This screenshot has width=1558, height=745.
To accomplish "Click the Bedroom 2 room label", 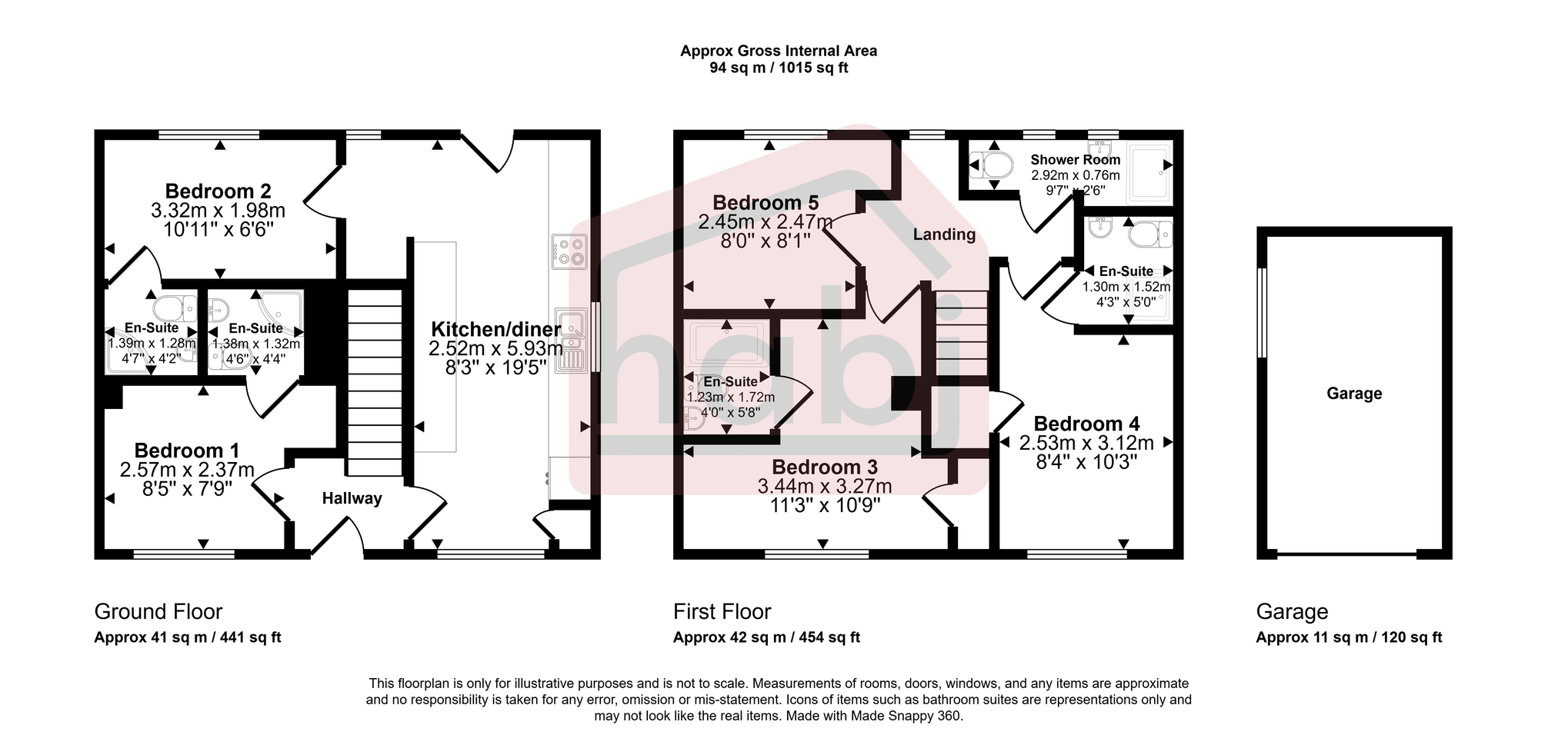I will [x=218, y=191].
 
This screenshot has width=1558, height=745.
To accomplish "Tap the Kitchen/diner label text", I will [x=495, y=328].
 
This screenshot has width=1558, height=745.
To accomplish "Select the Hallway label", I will [x=352, y=498].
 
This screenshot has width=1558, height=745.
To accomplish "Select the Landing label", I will [x=944, y=234].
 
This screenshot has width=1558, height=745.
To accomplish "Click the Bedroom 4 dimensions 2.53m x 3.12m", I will [x=1086, y=443].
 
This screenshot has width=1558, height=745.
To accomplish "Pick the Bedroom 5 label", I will [x=765, y=203].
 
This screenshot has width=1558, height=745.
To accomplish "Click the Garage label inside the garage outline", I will [x=1354, y=394].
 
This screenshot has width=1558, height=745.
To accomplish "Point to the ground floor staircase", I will [x=375, y=381].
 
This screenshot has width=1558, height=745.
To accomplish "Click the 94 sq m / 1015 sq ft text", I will [x=778, y=68].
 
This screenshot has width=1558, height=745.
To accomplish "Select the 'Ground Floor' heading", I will [x=158, y=612].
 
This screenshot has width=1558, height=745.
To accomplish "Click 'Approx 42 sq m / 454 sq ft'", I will [x=766, y=637].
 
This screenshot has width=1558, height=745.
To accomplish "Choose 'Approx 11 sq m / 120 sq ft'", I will [x=1349, y=637].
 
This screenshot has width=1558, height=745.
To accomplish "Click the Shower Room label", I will [x=1075, y=160].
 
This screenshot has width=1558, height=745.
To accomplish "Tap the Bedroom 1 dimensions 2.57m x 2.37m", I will [x=186, y=470].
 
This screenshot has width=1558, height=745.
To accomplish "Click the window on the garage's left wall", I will [x=1261, y=312].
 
